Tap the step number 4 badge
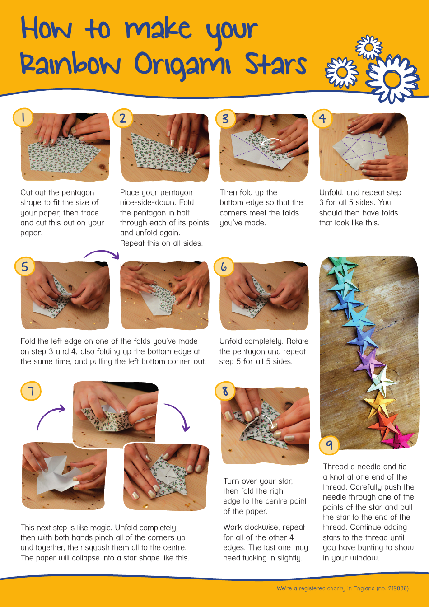click(x=322, y=118)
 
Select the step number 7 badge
click(x=31, y=391)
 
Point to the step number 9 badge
click(x=329, y=445)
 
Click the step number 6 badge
click(x=224, y=267)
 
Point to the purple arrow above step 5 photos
click(x=102, y=254)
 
